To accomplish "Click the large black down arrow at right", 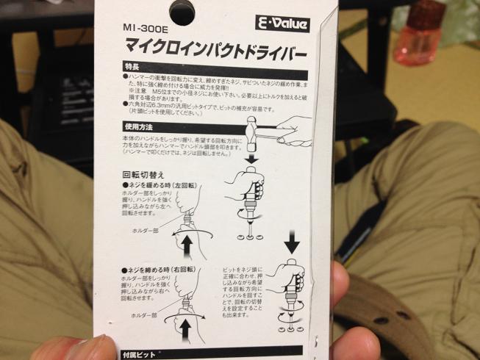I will (x=290, y=241).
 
